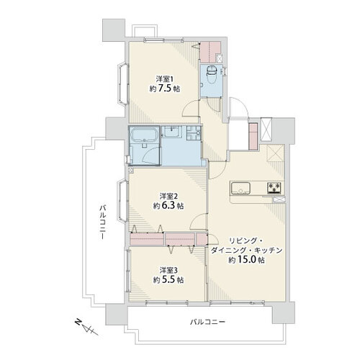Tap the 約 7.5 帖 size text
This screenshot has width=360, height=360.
click(x=165, y=89)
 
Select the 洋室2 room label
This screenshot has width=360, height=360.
click(x=168, y=196)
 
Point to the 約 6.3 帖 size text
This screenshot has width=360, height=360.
click(x=168, y=206)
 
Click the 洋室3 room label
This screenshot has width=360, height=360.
click(x=168, y=270)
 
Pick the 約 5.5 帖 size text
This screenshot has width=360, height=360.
click(x=168, y=280)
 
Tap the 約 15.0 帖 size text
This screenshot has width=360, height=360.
click(x=246, y=260)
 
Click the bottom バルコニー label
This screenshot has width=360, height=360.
click(x=208, y=322)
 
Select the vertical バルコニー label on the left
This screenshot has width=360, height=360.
click(x=103, y=222)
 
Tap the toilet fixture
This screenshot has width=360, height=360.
click(x=212, y=74)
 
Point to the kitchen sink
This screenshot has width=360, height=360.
click(x=240, y=188)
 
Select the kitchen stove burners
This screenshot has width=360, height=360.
click(x=274, y=188)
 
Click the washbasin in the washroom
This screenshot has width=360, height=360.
click(x=172, y=131)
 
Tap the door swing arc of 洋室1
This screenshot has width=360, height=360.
click(x=190, y=109)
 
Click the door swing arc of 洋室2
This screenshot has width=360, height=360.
click(x=198, y=221)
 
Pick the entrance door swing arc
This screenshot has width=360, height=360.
click(x=238, y=107)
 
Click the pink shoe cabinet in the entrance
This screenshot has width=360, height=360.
click(x=253, y=136)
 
